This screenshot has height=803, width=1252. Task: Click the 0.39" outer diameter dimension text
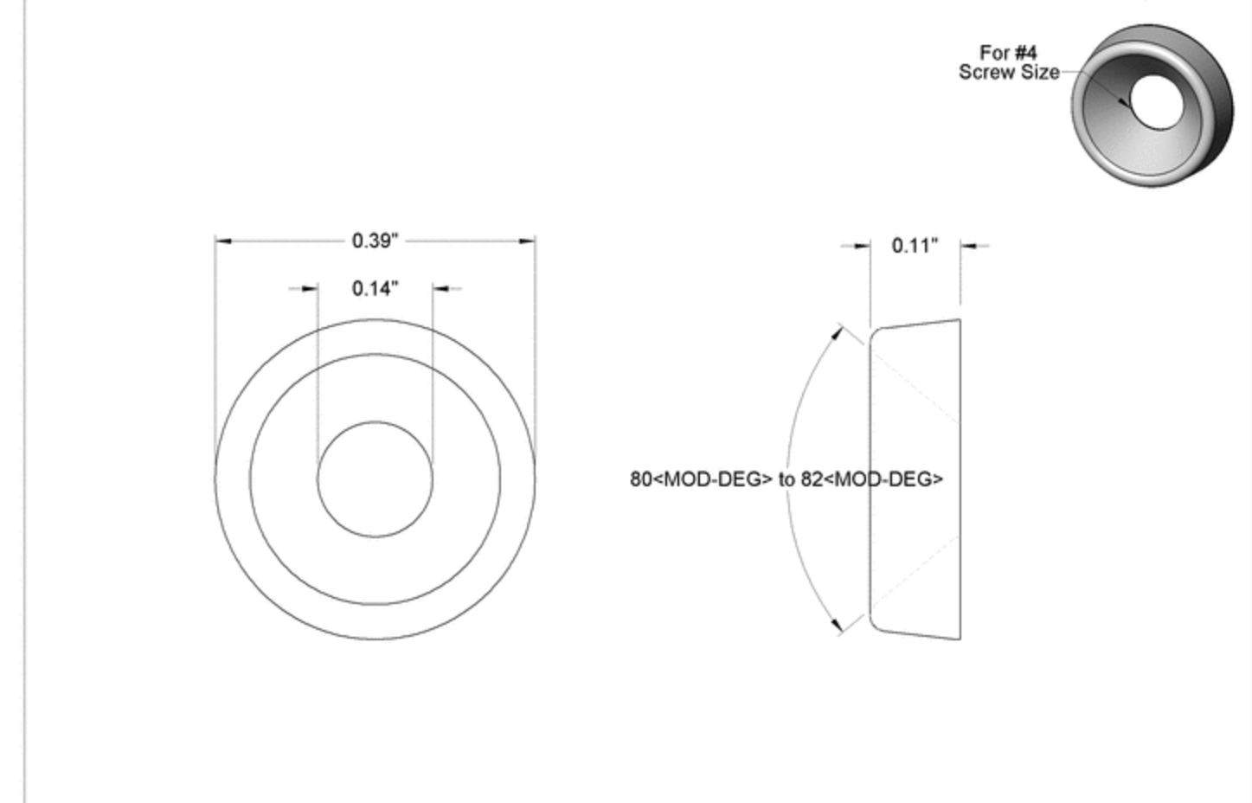tap(375, 241)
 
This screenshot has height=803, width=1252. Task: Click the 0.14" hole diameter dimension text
tap(375, 288)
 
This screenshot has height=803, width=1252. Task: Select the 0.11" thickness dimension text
tap(915, 246)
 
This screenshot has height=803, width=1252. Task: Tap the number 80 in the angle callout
tap(641, 479)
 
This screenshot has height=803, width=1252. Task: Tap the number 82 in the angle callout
tap(812, 479)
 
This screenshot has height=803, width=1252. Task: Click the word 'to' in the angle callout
tap(787, 479)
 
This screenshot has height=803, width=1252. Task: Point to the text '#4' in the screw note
tap(1025, 53)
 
